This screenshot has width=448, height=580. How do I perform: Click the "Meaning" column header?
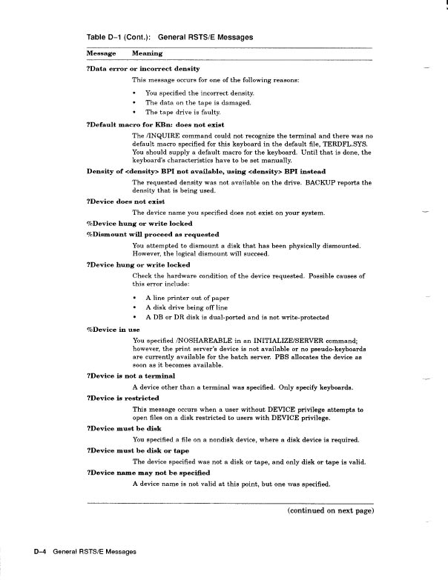click(147, 53)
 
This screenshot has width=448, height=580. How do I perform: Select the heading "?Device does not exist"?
click(125, 201)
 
